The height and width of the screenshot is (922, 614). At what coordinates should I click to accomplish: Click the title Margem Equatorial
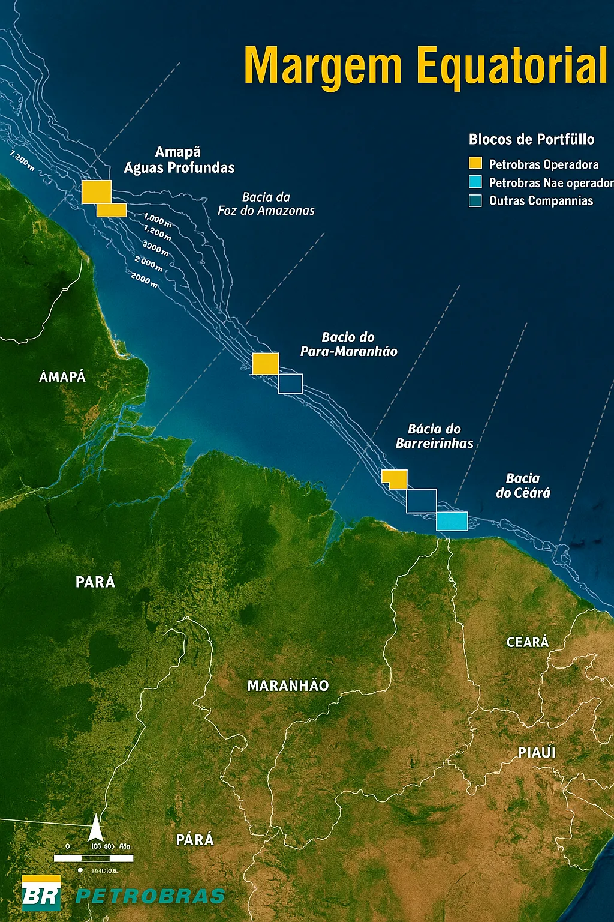click(426, 66)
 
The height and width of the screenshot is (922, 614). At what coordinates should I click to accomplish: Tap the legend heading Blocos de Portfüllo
click(531, 140)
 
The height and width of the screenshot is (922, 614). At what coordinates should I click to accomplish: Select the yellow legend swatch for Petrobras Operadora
click(475, 163)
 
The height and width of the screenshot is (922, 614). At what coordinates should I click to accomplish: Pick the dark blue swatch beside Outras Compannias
click(475, 200)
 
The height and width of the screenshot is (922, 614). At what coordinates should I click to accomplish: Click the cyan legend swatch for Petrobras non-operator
click(475, 182)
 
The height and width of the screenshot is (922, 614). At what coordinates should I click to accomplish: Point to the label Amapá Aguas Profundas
click(179, 160)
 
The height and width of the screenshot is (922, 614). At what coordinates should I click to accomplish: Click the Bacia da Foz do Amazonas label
click(266, 204)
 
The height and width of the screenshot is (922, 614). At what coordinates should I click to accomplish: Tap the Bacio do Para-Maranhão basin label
click(348, 345)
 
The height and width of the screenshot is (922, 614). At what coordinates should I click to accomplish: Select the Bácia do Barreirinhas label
click(434, 436)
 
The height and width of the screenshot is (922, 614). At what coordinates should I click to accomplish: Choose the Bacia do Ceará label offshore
click(523, 486)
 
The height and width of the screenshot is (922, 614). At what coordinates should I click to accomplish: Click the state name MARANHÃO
click(288, 685)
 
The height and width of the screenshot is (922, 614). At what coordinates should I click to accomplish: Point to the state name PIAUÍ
click(537, 752)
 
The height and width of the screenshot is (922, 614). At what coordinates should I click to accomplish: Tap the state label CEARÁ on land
click(528, 642)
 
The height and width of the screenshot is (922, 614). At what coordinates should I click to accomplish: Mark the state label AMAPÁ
click(62, 377)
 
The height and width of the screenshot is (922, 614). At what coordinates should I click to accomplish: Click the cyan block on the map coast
click(452, 521)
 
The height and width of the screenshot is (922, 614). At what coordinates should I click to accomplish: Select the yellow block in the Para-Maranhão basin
click(265, 364)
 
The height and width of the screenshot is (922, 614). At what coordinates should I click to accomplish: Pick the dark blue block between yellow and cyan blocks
click(421, 501)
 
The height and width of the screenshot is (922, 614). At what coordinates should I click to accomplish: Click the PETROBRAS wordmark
click(150, 896)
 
